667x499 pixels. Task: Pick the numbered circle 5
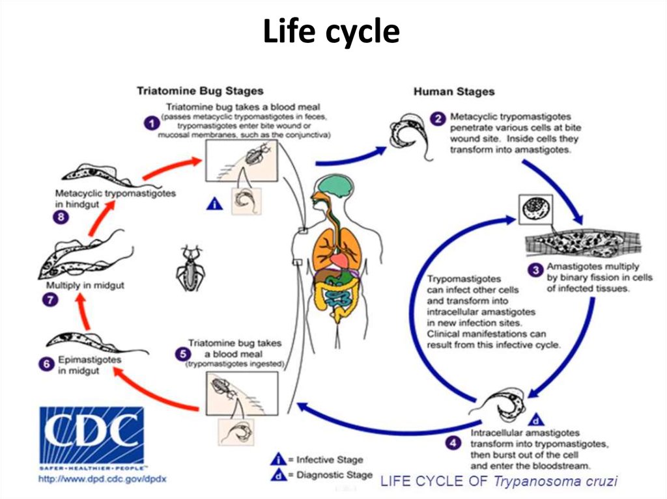pos(182,353)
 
